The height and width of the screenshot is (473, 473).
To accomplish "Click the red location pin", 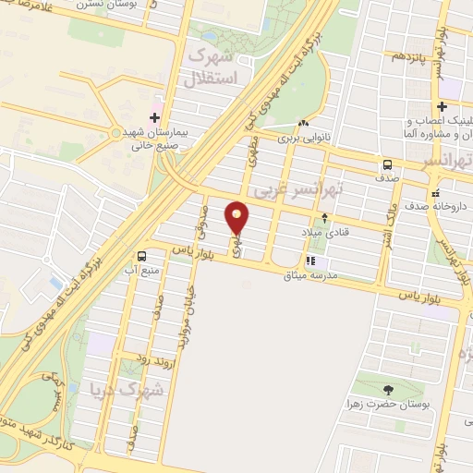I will pos(238,218).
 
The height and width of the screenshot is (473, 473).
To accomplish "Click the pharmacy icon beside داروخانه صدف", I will pos(435,197).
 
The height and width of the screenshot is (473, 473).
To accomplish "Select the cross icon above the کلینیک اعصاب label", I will pos(443,106).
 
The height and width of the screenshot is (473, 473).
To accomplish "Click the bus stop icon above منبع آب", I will pos(142,256).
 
